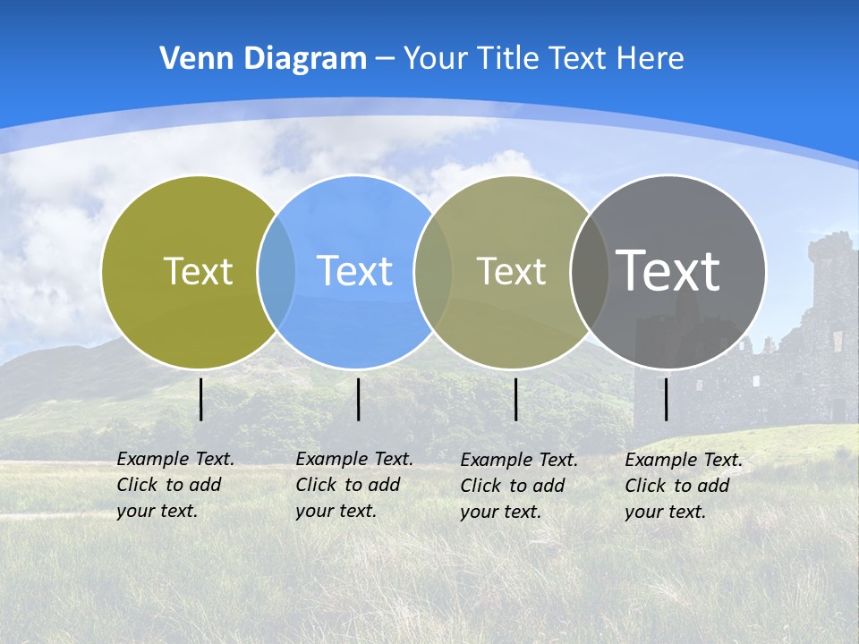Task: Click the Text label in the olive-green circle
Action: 198,271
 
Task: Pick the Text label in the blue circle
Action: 354,271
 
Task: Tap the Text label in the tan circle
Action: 511,271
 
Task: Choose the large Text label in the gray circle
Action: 668,270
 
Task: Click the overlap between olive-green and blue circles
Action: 276,272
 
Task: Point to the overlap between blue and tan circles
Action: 433,272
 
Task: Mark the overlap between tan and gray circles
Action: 589,272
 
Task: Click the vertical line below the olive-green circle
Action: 201,399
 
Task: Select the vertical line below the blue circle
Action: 358,399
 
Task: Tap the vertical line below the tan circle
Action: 515,399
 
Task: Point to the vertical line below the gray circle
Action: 667,399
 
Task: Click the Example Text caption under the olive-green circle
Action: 174,485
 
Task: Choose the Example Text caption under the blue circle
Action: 353,485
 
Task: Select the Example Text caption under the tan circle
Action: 518,486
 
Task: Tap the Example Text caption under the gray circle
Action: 683,486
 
